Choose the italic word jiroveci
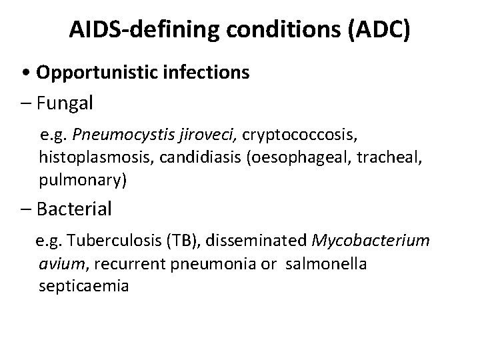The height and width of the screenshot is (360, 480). pos(206,137)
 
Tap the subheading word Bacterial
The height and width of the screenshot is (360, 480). pos(75,209)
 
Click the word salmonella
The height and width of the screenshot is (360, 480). pos(326,265)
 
